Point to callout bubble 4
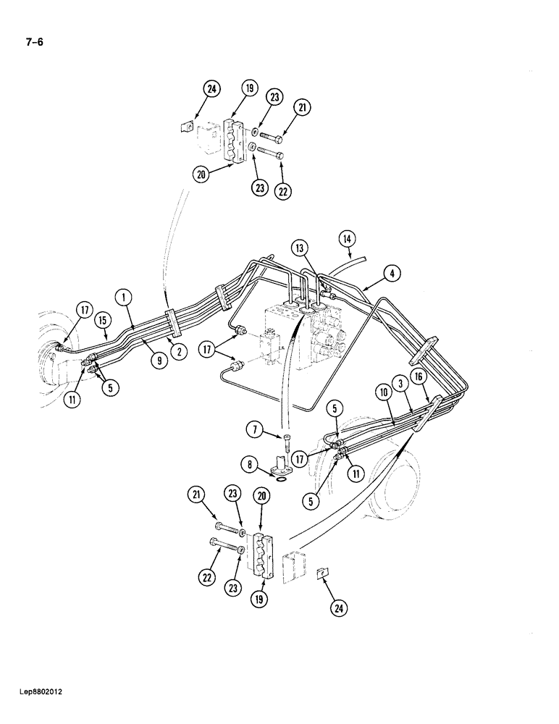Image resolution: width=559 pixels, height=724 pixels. pos(392,274)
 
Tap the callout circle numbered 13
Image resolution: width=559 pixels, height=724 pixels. pos(300,248)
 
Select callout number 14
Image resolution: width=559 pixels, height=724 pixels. pos(348,238)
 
